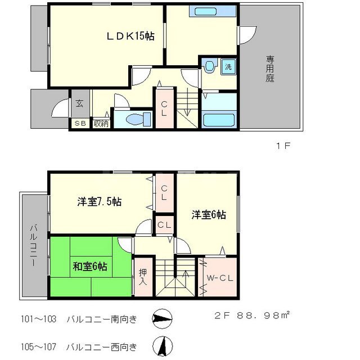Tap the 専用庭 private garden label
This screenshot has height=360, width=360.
click(270, 69)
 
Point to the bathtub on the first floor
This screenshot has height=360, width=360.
click(219, 120)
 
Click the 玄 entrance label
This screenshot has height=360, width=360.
click(79, 104)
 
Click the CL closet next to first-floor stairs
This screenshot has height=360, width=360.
click(164, 109)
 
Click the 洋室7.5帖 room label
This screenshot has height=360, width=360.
click(100, 201)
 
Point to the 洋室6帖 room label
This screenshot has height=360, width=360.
click(208, 215)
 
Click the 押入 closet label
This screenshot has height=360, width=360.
click(143, 276)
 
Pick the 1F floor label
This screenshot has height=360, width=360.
click(282, 146)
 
